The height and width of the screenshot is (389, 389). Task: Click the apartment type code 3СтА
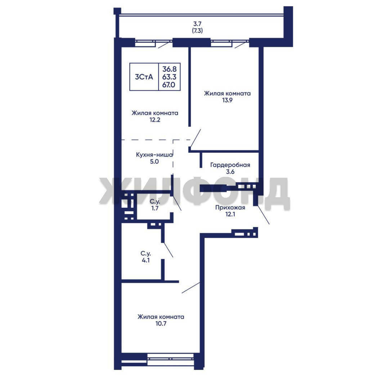144,77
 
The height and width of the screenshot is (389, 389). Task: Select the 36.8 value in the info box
169,69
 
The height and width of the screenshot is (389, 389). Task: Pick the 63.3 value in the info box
169,77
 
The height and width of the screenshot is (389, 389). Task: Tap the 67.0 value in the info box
169,85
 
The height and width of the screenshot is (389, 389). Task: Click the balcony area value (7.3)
197,31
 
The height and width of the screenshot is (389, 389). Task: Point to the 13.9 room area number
227,100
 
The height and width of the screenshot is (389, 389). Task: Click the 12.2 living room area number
155,120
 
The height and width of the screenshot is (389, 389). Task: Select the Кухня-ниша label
154,155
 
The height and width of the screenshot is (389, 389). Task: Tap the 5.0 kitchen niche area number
154,162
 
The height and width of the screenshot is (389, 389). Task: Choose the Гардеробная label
230,165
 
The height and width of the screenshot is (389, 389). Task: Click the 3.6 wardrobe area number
230,172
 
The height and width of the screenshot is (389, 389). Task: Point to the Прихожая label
230,208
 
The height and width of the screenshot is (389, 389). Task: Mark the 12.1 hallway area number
230,214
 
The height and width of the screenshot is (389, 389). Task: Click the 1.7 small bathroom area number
155,208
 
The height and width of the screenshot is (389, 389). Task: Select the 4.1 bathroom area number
146,260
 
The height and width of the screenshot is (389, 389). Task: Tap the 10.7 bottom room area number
161,324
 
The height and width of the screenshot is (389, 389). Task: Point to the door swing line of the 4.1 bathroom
167,250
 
